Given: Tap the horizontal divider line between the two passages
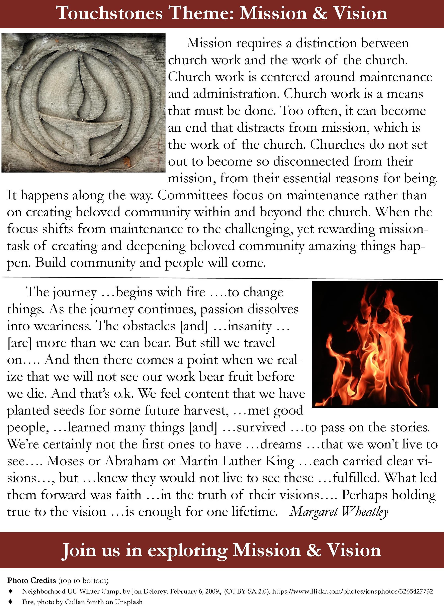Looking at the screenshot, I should (222, 278).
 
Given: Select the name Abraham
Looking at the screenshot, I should (131, 461).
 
